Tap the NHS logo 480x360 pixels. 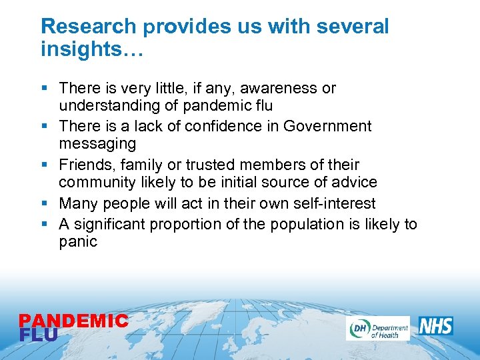click(x=436, y=326)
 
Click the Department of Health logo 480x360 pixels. click(x=377, y=328)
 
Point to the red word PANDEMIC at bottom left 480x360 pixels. click(x=73, y=321)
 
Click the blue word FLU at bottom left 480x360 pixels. click(x=39, y=335)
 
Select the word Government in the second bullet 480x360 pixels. click(x=327, y=126)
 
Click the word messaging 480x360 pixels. click(x=97, y=144)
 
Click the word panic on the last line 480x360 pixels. click(x=78, y=241)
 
